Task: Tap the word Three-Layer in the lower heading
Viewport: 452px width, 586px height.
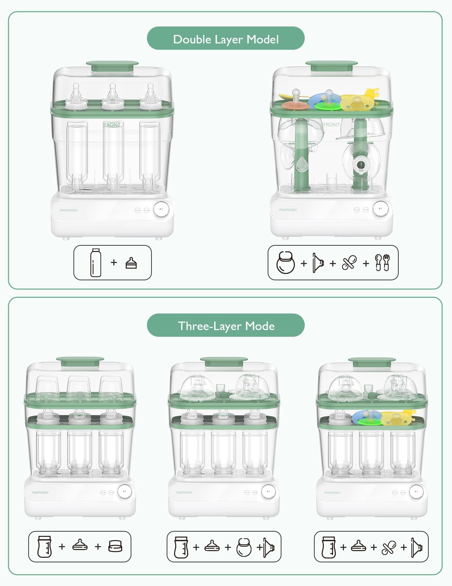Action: pos(209,326)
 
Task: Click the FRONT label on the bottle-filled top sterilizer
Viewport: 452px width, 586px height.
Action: pos(112,125)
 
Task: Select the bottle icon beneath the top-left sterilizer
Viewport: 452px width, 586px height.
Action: pos(96,263)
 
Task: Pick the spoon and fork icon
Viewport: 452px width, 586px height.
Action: pos(382,263)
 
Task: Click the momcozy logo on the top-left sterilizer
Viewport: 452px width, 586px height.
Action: pos(69,210)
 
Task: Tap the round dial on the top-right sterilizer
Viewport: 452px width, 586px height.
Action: pos(380,209)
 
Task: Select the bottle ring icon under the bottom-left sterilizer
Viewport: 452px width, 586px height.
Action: pos(115,546)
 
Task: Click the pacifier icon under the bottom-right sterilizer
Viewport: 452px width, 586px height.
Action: pos(389,547)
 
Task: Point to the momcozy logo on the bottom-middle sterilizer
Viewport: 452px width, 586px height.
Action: pos(184,492)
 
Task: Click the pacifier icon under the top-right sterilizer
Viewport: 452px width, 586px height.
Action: pos(349,263)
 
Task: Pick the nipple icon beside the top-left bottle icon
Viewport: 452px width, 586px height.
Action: pos(131,263)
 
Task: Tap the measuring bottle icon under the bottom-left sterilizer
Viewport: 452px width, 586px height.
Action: pos(44,547)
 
